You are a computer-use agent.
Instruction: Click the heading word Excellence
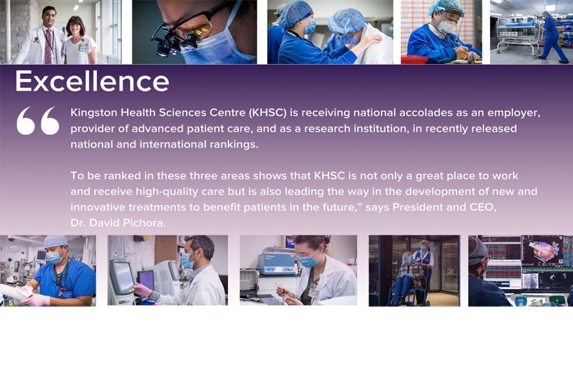[92, 81]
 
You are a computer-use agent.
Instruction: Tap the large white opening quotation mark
[38, 120]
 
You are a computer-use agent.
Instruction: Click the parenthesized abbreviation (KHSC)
[267, 113]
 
